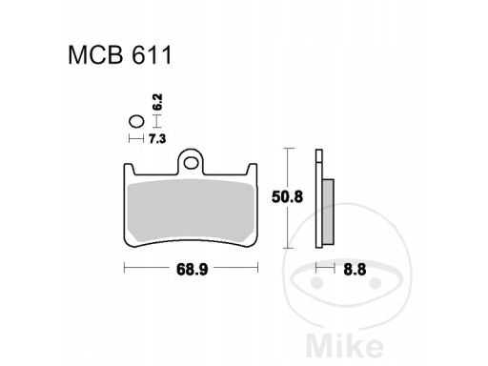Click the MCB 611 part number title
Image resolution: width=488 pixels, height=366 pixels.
click(x=120, y=55)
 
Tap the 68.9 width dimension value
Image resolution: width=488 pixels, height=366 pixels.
click(x=192, y=270)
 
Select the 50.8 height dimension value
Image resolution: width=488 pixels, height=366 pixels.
click(x=287, y=197)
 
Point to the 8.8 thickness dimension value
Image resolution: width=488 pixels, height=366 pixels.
click(x=355, y=270)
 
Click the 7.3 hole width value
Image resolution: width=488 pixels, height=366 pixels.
click(x=157, y=139)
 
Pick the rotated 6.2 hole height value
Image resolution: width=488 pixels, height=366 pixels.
click(x=157, y=102)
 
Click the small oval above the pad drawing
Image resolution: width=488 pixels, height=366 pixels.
click(x=136, y=121)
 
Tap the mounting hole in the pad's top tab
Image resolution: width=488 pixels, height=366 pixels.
click(x=191, y=163)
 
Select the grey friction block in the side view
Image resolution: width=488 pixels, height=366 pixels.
click(x=328, y=212)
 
